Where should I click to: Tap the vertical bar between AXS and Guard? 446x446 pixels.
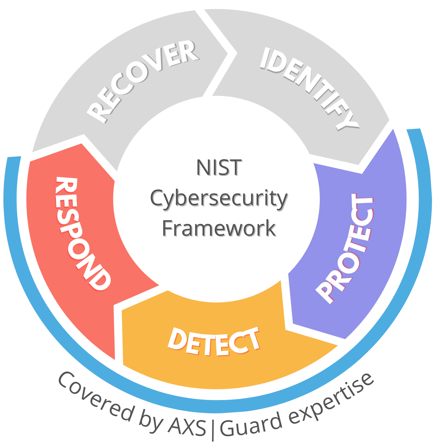coord(213,429)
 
